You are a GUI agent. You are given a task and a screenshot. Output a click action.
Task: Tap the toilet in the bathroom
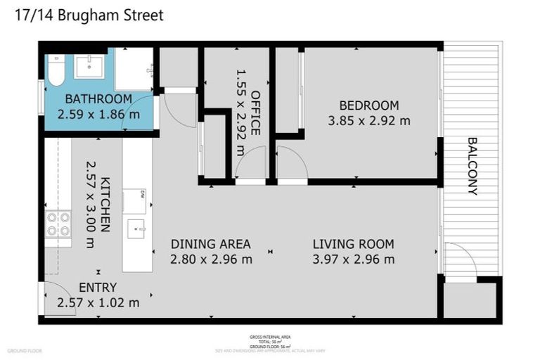click(x=56, y=69)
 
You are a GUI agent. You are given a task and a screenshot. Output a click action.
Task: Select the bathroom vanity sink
click(x=89, y=67)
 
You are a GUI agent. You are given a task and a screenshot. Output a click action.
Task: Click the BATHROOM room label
click(x=98, y=99)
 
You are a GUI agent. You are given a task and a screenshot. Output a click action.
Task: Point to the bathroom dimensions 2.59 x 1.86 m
click(x=98, y=114)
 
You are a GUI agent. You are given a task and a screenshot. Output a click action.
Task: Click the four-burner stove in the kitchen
click(x=58, y=224)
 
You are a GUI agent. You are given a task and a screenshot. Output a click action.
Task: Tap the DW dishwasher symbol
click(x=134, y=200)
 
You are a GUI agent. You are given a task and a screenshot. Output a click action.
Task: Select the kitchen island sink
click(x=137, y=228)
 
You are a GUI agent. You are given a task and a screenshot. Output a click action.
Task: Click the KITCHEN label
click(x=105, y=204)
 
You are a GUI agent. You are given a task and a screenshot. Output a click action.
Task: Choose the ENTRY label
click(x=98, y=288)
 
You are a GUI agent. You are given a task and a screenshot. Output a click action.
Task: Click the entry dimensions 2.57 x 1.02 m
click(x=98, y=302)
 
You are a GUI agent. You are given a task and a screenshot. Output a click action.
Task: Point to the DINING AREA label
click(x=211, y=245)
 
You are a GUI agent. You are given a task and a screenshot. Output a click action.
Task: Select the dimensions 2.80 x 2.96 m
click(x=211, y=259)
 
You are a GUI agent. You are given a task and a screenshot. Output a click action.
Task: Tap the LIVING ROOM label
click(x=353, y=245)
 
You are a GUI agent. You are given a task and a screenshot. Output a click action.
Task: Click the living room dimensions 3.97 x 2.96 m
click(x=353, y=259)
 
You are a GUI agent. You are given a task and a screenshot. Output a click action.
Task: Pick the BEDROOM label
click(x=368, y=105)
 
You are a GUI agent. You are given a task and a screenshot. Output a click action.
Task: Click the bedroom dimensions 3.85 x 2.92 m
click(x=368, y=120)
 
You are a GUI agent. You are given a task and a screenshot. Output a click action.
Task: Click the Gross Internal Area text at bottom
click(x=270, y=337)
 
